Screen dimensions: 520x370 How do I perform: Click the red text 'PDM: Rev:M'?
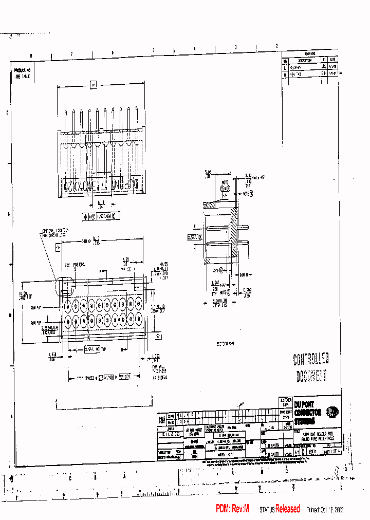click(232, 509)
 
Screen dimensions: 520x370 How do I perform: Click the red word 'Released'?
click(287, 509)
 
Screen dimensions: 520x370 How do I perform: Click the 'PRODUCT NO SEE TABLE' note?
click(22, 72)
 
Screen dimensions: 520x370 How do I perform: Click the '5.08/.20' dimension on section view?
click(208, 174)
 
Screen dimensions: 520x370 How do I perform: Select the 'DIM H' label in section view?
click(244, 274)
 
